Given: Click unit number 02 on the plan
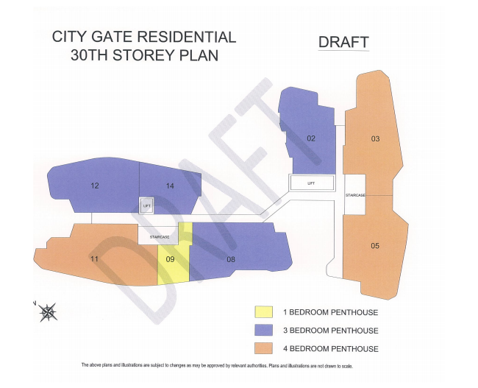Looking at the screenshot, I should coord(311,138).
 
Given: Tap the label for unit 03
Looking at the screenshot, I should coord(375,139).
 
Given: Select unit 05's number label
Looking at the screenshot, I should coord(375,245).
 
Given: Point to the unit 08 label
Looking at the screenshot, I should coord(231,259).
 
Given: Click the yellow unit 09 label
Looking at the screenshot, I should coord(170,259).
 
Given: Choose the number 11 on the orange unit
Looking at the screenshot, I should coord(95,259).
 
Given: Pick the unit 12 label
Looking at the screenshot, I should coord(95,186).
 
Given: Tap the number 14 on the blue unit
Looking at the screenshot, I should coord(170,186).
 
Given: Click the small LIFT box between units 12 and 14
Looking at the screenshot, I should coord(146,206).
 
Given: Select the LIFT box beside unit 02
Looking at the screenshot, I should coord(311,183).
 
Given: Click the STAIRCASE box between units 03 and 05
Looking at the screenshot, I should coord(355,194).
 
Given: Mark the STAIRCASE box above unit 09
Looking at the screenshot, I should coord(160,236).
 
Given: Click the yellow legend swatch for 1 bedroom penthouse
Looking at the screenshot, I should coord(263,312).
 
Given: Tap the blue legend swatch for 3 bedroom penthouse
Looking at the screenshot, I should coord(263,331).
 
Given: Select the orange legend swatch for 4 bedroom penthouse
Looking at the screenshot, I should coord(263,348).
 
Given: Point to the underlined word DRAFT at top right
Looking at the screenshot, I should coord(343,42).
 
